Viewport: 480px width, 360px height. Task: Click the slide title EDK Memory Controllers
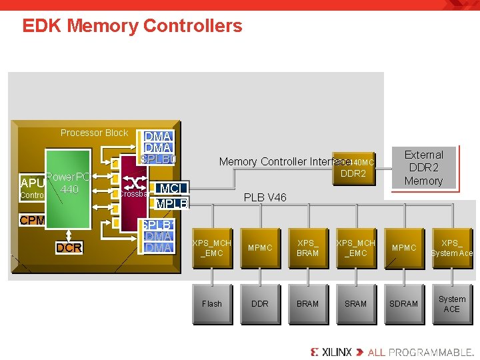[x=132, y=27]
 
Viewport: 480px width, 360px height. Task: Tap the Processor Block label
[x=94, y=133]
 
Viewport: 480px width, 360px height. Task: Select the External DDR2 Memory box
[x=423, y=167]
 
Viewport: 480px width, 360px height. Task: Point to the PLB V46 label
[x=265, y=197]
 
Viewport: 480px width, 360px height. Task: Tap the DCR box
[x=69, y=248]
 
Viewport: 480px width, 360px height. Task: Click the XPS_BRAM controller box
[x=307, y=248]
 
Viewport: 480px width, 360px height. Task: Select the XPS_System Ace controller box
[x=451, y=248]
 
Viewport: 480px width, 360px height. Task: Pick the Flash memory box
[x=212, y=303]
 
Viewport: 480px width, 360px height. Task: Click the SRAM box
[x=355, y=303]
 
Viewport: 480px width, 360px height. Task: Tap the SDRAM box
[x=403, y=303]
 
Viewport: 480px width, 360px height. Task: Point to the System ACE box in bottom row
[x=451, y=303]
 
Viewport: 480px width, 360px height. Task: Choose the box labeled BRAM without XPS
[x=307, y=303]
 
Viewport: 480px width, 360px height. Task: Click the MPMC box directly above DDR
[x=260, y=248]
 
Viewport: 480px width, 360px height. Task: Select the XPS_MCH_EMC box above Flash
[x=212, y=248]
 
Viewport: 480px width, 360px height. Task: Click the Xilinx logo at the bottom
[x=331, y=351]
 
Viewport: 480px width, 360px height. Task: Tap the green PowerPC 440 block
[x=69, y=200]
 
